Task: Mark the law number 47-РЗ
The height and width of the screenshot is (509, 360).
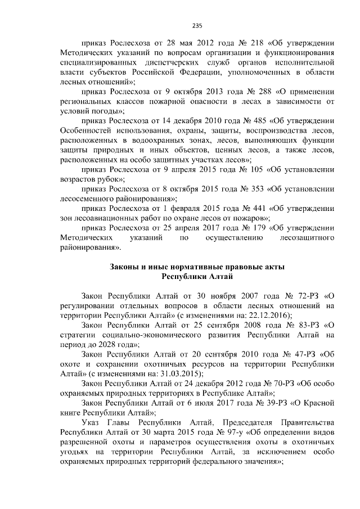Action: tap(300, 354)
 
